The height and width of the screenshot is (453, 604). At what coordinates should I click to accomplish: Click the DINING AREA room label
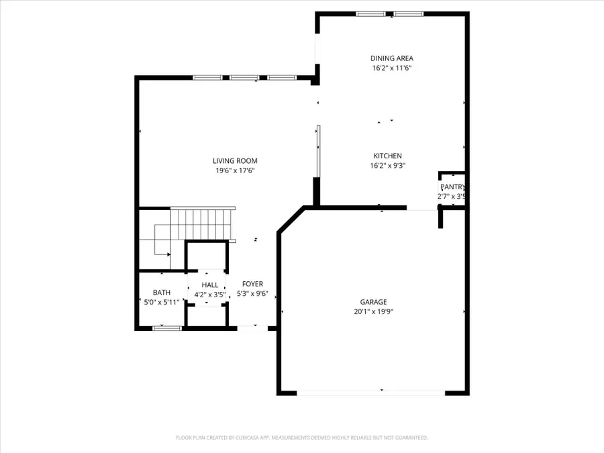point(391,58)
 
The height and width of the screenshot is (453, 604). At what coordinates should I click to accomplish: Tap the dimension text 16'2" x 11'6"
point(391,68)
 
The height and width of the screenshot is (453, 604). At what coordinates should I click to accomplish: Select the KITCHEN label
point(387,156)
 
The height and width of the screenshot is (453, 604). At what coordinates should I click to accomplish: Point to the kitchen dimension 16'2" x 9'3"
point(387,166)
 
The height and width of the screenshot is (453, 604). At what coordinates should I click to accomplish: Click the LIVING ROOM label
point(235,160)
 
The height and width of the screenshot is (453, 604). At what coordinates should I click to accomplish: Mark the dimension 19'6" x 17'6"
point(235,170)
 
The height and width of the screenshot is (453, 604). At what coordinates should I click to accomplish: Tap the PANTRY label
point(453,187)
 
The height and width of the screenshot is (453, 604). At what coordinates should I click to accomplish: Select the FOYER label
point(252,284)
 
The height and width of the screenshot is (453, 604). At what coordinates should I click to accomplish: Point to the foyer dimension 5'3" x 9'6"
point(252,294)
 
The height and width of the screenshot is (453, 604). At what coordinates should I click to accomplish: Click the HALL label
point(210,285)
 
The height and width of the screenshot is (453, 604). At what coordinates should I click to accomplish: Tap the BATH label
point(161,293)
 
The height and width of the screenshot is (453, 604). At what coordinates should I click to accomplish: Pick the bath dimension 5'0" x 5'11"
point(161,303)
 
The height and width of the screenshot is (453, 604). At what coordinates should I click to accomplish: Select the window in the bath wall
point(167,328)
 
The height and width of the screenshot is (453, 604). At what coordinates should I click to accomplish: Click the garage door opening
point(370,393)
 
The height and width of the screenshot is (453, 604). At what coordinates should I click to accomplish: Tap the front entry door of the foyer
point(252,328)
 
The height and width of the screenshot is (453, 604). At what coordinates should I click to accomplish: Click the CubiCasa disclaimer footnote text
point(301,438)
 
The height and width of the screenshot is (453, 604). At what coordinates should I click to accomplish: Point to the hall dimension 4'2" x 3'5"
point(210,295)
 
